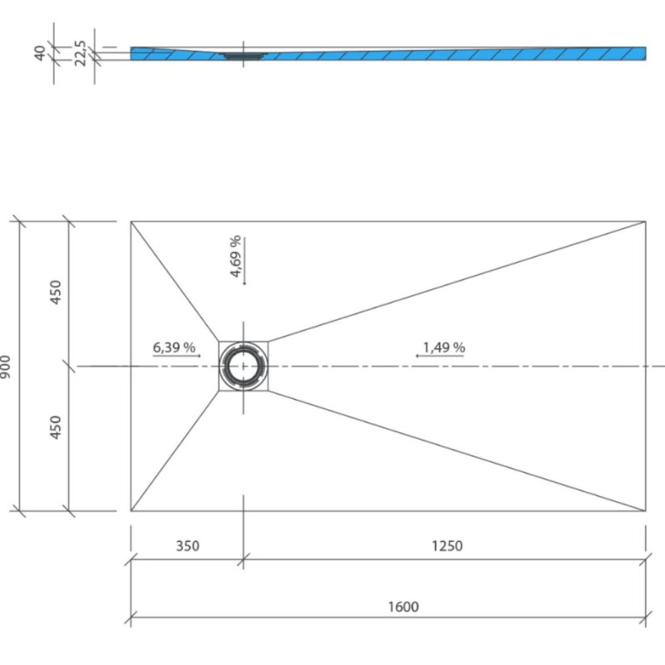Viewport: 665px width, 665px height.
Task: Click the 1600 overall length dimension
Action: [x=403, y=607]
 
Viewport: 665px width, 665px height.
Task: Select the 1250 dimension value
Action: [x=447, y=546]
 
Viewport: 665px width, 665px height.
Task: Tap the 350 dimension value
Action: [x=188, y=546]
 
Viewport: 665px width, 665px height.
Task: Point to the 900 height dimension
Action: [x=5, y=367]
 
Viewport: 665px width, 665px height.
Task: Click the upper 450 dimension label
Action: [x=56, y=292]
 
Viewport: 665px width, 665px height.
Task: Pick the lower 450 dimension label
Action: [x=56, y=427]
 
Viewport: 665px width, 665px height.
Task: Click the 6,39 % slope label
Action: [x=174, y=347]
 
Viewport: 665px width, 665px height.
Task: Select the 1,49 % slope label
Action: [x=444, y=347]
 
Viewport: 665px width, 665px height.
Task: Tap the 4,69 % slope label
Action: [x=236, y=256]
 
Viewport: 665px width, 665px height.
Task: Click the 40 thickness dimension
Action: [x=39, y=53]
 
